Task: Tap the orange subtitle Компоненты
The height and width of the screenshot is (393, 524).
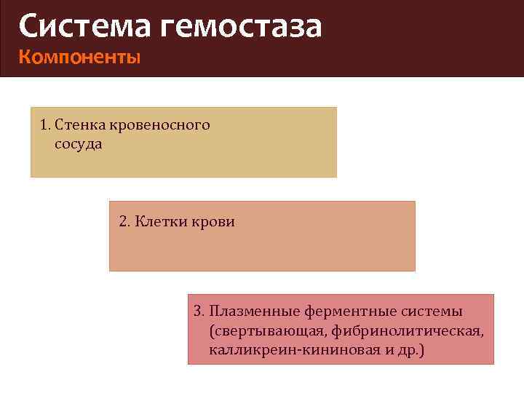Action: point(79,57)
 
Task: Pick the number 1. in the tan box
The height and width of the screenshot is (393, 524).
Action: point(46,125)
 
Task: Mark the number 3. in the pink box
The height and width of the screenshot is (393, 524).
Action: point(199,311)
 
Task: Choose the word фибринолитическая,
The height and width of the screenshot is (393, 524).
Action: point(408,331)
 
